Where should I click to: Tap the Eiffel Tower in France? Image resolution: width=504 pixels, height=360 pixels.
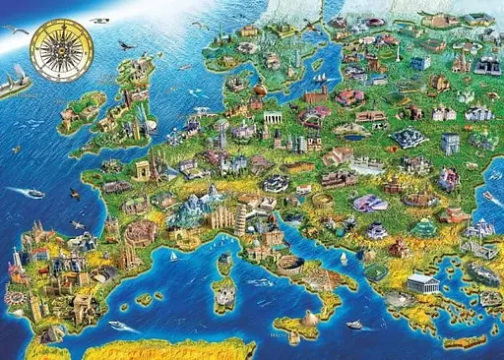(x=155, y=164)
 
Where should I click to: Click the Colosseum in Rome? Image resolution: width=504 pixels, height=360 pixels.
(x=289, y=263)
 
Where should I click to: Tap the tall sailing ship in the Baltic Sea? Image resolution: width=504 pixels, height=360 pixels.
(x=319, y=67)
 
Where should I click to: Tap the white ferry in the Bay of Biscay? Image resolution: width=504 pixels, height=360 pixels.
(x=34, y=193)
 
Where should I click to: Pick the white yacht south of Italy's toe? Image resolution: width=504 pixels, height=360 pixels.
(x=354, y=324)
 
